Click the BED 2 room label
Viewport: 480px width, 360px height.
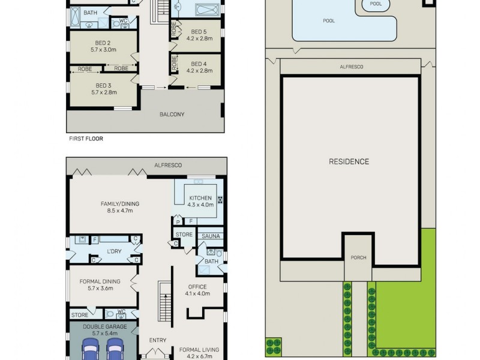tap(103, 43)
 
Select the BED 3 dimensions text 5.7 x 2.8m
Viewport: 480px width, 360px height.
tap(103, 92)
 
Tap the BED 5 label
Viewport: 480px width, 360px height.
tap(198, 31)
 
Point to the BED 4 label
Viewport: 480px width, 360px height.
tap(198, 64)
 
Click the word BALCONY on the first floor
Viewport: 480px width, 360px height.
tap(172, 115)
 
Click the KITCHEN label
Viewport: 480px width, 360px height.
tap(201, 198)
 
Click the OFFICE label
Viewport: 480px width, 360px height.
tap(197, 287)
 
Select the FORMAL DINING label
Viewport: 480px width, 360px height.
tap(100, 281)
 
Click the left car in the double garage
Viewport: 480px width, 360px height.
tap(91, 349)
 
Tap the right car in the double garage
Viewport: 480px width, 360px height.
tap(115, 349)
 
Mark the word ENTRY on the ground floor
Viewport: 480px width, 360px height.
tap(157, 340)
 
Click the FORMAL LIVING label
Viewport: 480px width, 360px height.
tap(199, 349)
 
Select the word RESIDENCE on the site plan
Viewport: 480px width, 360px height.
tap(349, 161)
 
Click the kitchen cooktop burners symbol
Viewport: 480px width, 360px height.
tap(220, 200)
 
